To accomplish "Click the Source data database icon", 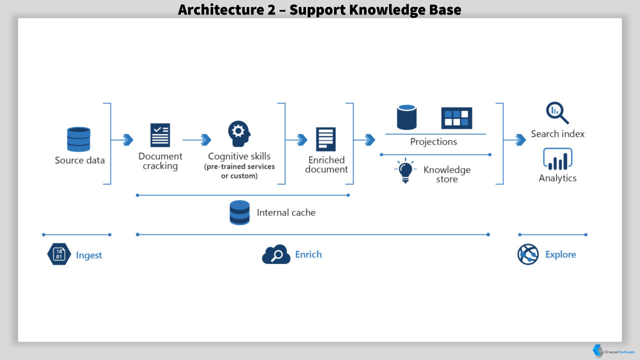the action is (78, 139).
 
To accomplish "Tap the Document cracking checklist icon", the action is (160, 135).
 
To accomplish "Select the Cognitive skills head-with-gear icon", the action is (239, 133).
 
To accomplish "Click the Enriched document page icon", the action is (325, 139).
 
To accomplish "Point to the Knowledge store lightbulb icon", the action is (405, 170).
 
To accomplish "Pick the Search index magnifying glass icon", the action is (557, 113).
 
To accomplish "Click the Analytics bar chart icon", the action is (557, 159).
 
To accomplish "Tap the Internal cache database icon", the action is (239, 212).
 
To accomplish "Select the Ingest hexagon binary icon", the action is (59, 254).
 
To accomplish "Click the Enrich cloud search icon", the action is (276, 254).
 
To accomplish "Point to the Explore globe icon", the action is (528, 254).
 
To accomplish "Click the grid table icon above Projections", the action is (456, 118).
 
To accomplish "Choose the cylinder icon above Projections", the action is (406, 117).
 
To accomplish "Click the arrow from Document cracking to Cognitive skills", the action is (197, 139).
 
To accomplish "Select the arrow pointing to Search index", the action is (514, 139).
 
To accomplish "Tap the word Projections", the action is (433, 141).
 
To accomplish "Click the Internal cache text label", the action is (286, 212).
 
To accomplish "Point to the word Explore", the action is (560, 254).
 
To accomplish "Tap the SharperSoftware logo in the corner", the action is (613, 351).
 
